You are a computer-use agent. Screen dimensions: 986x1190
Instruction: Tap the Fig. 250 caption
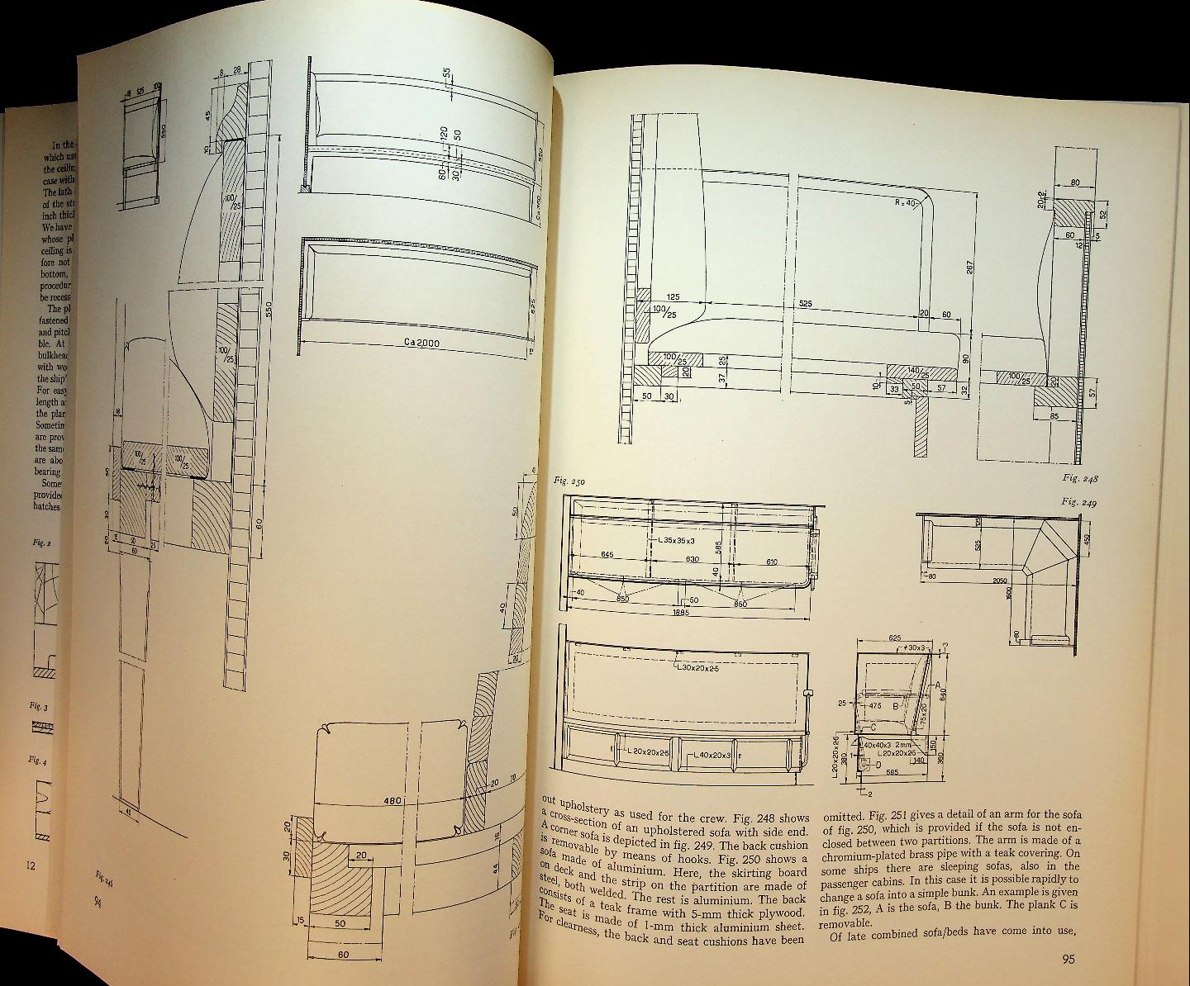pos(568,481)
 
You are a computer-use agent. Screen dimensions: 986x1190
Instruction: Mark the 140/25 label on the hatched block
pos(918,372)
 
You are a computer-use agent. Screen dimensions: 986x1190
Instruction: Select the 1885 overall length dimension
pos(681,612)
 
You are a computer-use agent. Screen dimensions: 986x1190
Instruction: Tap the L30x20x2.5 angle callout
pos(697,667)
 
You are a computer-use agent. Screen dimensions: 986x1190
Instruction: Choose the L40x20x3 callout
pos(710,755)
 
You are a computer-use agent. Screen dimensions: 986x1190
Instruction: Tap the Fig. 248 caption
pos(1080,478)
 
